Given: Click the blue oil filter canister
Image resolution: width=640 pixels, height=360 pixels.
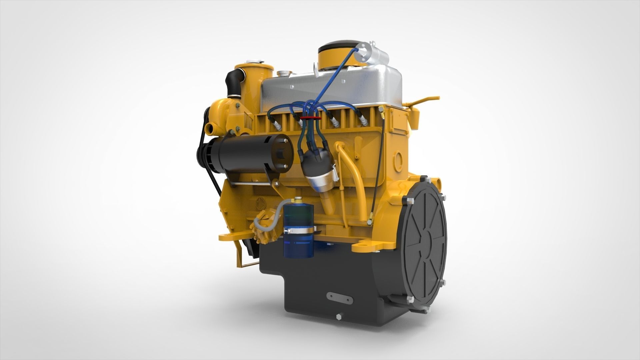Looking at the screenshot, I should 299,233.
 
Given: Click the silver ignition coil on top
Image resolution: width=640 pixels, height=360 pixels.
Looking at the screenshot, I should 373,55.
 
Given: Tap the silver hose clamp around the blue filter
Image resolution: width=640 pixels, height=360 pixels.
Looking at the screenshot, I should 299,230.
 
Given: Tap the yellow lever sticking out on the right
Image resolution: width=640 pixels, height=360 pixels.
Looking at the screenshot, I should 425,99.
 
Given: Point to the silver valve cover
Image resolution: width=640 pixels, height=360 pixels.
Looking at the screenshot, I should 333,88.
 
